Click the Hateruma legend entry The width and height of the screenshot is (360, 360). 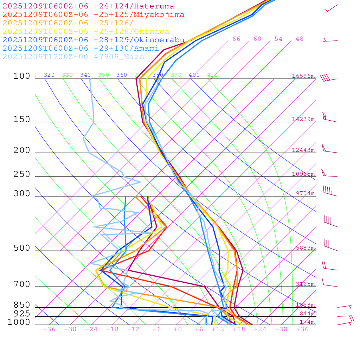pyautogui.click(x=88, y=6)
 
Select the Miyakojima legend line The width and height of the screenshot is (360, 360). pyautogui.click(x=94, y=15)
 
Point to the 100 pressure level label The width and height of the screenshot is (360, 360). pyautogui.click(x=22, y=76)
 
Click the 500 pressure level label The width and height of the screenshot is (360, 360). pyautogui.click(x=22, y=248)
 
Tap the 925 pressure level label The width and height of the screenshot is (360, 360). pyautogui.click(x=22, y=314)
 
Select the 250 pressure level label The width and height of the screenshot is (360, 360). pyautogui.click(x=22, y=174)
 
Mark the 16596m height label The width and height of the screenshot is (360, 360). pyautogui.click(x=303, y=76)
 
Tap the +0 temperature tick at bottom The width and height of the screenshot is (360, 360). pyautogui.click(x=178, y=329)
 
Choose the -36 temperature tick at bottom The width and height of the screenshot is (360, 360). pyautogui.click(x=49, y=329)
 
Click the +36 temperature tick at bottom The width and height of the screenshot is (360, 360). pyautogui.click(x=302, y=329)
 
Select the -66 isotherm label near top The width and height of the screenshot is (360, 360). pyautogui.click(x=234, y=39)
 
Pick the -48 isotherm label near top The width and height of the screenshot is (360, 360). pyautogui.click(x=297, y=39)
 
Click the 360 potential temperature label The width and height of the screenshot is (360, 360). pyautogui.click(x=122, y=75)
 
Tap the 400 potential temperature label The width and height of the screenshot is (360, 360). pyautogui.click(x=194, y=75)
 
